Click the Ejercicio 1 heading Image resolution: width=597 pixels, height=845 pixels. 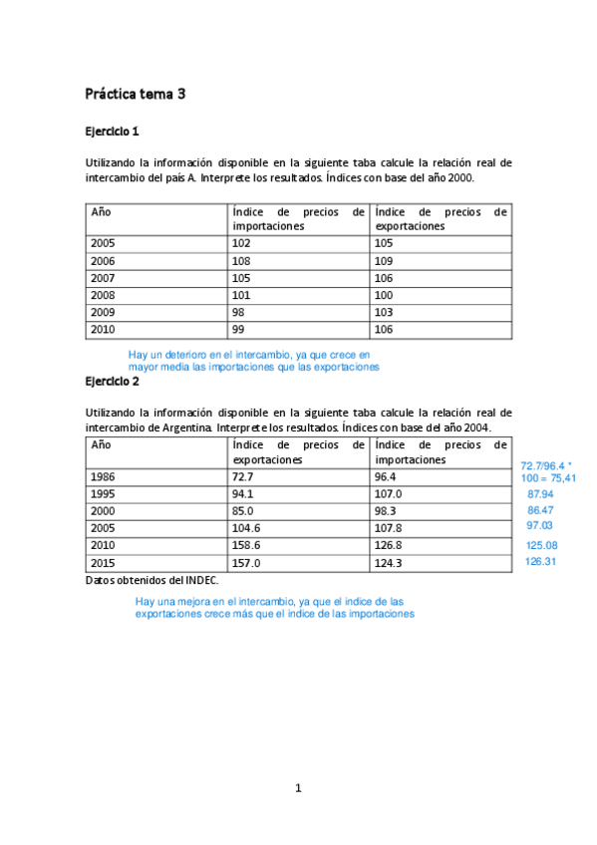[112, 131]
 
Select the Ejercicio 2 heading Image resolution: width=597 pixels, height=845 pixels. [112, 381]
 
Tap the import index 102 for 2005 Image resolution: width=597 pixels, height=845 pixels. [240, 242]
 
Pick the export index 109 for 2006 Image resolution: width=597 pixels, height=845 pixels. [384, 260]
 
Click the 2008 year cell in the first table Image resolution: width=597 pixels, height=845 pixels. [104, 295]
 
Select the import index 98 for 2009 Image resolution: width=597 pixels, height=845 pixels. [237, 312]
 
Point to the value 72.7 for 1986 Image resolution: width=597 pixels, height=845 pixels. [243, 477]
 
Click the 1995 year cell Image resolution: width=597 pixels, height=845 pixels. [104, 494]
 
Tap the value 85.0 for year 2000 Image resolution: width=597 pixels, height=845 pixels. [243, 511]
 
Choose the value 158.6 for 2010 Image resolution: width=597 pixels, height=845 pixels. [246, 545]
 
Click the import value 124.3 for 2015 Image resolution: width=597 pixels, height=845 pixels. [390, 563]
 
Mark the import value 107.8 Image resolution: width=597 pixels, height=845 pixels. [390, 528]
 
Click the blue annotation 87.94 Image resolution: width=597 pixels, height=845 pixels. [540, 494]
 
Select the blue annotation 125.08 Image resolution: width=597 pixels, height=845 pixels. [542, 545]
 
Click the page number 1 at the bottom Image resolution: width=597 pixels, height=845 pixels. [297, 788]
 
